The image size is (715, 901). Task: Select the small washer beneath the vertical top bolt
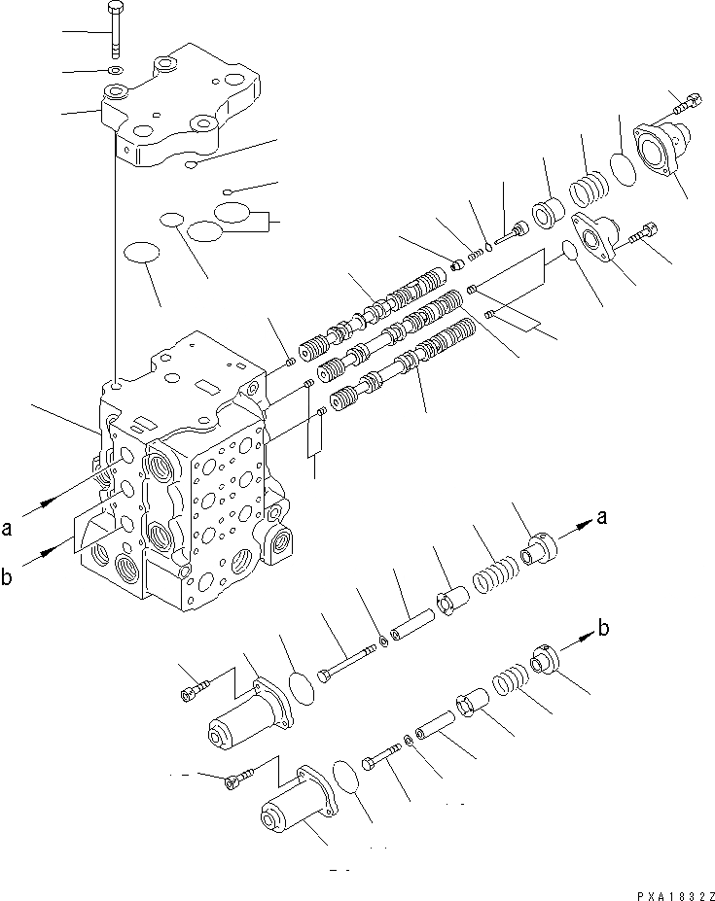(x=116, y=71)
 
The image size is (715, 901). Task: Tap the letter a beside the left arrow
(x=8, y=529)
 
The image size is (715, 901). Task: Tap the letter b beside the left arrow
(x=8, y=580)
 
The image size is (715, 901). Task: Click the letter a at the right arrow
(x=602, y=518)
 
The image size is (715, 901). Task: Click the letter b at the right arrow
(x=604, y=629)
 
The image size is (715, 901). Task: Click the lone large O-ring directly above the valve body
(x=143, y=253)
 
